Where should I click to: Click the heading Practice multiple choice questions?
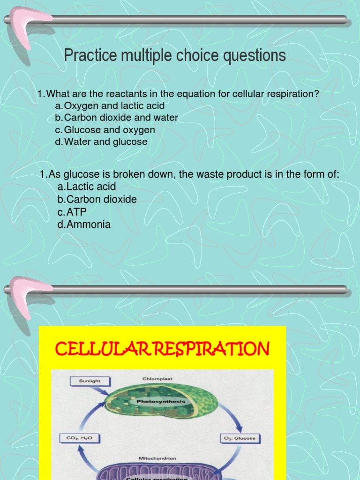[x=174, y=56]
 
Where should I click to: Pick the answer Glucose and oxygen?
[x=109, y=130]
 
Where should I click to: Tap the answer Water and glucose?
[x=105, y=142]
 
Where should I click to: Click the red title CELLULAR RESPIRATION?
[x=162, y=349]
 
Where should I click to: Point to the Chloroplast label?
[x=155, y=378]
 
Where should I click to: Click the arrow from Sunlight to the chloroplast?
[x=105, y=390]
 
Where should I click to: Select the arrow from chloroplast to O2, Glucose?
[x=232, y=417]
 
